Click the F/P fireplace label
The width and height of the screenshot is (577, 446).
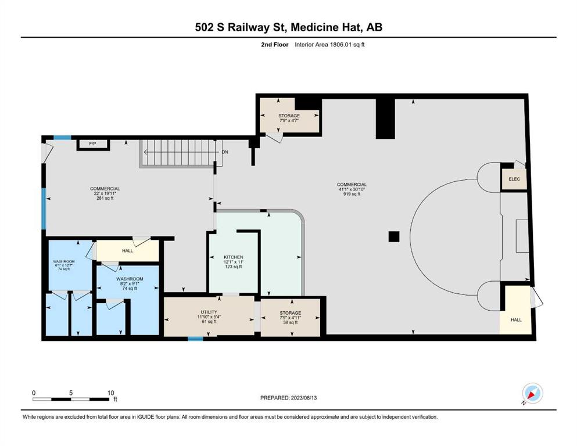pyautogui.click(x=93, y=144)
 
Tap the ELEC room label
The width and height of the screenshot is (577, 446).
pyautogui.click(x=514, y=179)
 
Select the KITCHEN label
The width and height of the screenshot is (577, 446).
pyautogui.click(x=234, y=257)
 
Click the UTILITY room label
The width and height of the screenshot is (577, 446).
pyautogui.click(x=209, y=312)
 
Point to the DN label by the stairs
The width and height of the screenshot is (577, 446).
pyautogui.click(x=225, y=152)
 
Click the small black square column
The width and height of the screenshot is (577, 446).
pyautogui.click(x=394, y=236)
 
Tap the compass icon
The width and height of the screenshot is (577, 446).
pyautogui.click(x=532, y=393)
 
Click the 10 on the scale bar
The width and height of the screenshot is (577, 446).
pyautogui.click(x=111, y=393)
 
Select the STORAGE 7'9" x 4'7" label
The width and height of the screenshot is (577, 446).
pyautogui.click(x=289, y=118)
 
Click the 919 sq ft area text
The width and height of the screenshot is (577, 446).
pyautogui.click(x=352, y=194)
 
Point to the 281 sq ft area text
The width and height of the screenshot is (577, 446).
pyautogui.click(x=105, y=198)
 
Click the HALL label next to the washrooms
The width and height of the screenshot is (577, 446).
pyautogui.click(x=128, y=251)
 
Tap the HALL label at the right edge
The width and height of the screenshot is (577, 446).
pyautogui.click(x=516, y=320)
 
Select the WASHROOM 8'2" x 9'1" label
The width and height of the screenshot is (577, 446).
pyautogui.click(x=130, y=283)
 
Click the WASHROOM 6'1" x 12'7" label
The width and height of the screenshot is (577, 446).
pyautogui.click(x=64, y=265)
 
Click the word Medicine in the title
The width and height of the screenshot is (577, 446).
pyautogui.click(x=314, y=27)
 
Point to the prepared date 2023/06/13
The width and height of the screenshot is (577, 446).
pyautogui.click(x=303, y=398)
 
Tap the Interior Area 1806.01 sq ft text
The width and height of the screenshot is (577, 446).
pyautogui.click(x=329, y=45)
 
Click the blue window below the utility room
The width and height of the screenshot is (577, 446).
pyautogui.click(x=195, y=339)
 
